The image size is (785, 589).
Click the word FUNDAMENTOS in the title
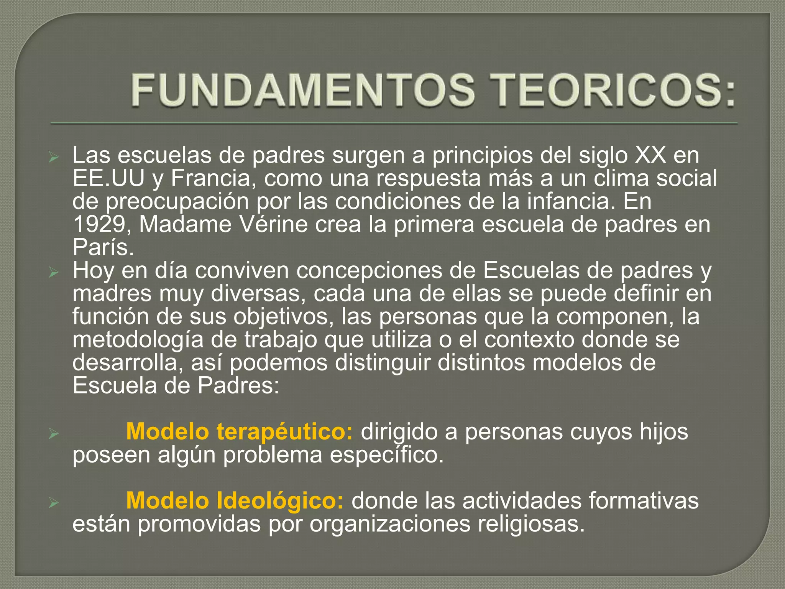coord(303,90)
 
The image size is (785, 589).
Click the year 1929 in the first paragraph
coord(99,224)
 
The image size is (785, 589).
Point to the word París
coord(103,247)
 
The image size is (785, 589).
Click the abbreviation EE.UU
coord(108,178)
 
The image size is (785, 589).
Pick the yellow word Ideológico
coord(280,500)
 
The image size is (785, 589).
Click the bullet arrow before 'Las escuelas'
coord(53,157)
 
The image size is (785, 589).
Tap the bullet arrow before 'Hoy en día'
coord(53,273)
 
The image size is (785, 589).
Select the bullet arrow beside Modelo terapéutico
coord(53,434)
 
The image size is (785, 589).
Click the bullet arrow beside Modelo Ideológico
coord(53,503)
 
